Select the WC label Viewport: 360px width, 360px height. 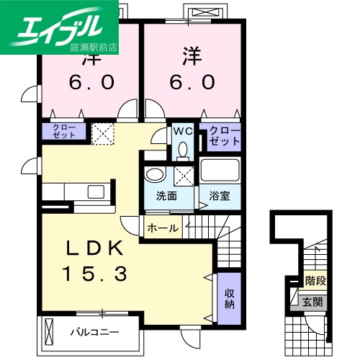pyautogui.click(x=181, y=132)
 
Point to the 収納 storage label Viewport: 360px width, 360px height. pyautogui.click(x=229, y=298)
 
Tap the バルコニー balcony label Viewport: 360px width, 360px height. pyautogui.click(x=94, y=333)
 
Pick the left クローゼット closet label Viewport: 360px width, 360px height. pyautogui.click(x=63, y=131)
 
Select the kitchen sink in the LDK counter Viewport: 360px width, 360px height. pyautogui.click(x=95, y=191)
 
